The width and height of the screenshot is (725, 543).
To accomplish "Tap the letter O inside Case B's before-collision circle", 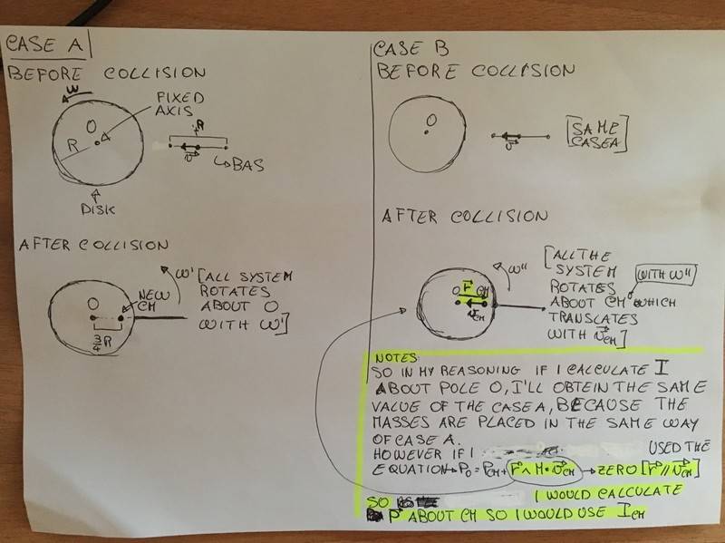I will [431, 120].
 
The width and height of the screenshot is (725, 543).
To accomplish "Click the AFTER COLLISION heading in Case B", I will [465, 217].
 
